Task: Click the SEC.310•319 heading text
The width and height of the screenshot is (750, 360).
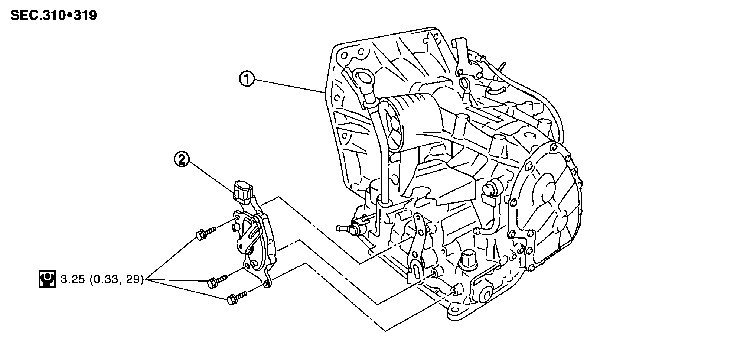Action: tap(53, 15)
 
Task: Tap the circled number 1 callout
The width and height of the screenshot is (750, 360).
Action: tap(247, 80)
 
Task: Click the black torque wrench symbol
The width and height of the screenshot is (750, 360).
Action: tap(47, 279)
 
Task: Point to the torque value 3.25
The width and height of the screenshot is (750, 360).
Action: tap(72, 279)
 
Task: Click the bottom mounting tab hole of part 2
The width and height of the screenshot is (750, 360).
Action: tap(266, 284)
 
